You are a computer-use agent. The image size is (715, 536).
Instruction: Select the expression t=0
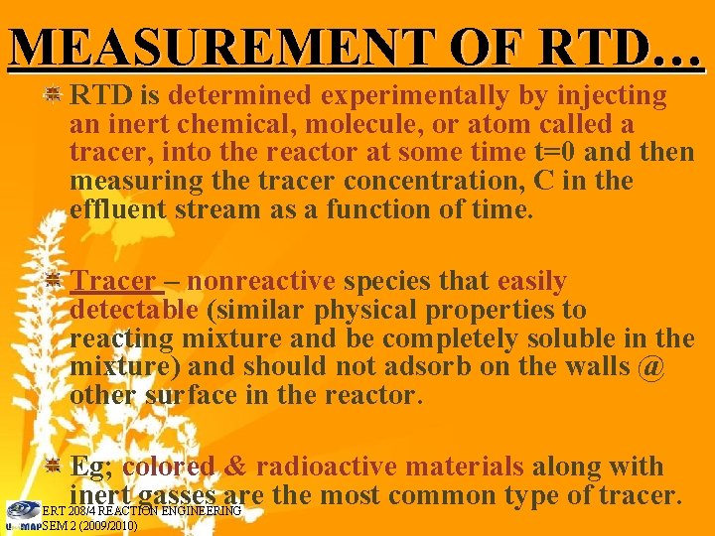coord(551,153)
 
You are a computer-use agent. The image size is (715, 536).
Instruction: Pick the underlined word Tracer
coord(114,282)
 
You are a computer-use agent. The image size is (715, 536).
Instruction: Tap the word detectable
coord(134,311)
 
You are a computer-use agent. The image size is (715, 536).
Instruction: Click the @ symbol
coord(649,368)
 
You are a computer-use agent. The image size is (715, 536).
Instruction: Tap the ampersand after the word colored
coord(236,467)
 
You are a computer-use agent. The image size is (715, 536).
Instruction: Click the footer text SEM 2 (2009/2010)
coord(89,526)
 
